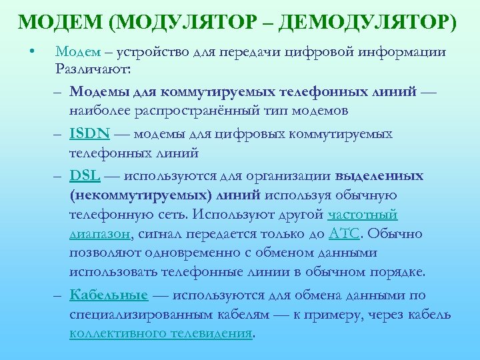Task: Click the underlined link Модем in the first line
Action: click(75, 51)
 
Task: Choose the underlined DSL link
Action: click(85, 176)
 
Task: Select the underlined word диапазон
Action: click(99, 234)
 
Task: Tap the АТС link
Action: click(344, 234)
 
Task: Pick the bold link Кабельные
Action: click(109, 295)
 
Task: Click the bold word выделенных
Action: click(379, 176)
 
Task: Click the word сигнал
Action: click(162, 234)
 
